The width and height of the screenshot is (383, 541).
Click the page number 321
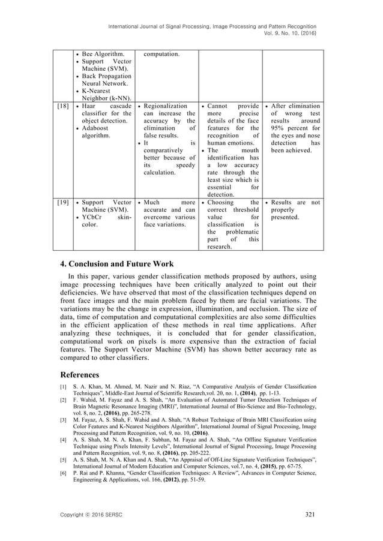(x=309, y=515)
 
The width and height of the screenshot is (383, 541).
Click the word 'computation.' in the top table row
(x=161, y=54)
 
